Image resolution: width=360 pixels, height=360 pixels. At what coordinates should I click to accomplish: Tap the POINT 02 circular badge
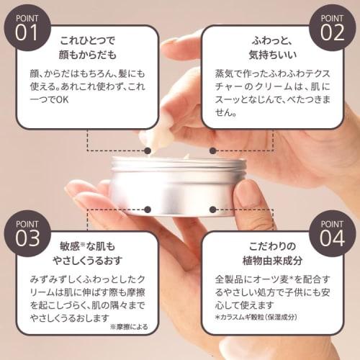click(x=332, y=25)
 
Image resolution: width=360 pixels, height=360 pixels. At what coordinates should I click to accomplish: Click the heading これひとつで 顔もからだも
click(x=87, y=45)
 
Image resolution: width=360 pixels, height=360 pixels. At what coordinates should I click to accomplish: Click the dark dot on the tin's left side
click(x=148, y=210)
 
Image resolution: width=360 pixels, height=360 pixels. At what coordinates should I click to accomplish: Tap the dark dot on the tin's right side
click(x=213, y=210)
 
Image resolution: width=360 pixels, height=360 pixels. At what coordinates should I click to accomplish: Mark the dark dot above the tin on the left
click(x=148, y=149)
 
